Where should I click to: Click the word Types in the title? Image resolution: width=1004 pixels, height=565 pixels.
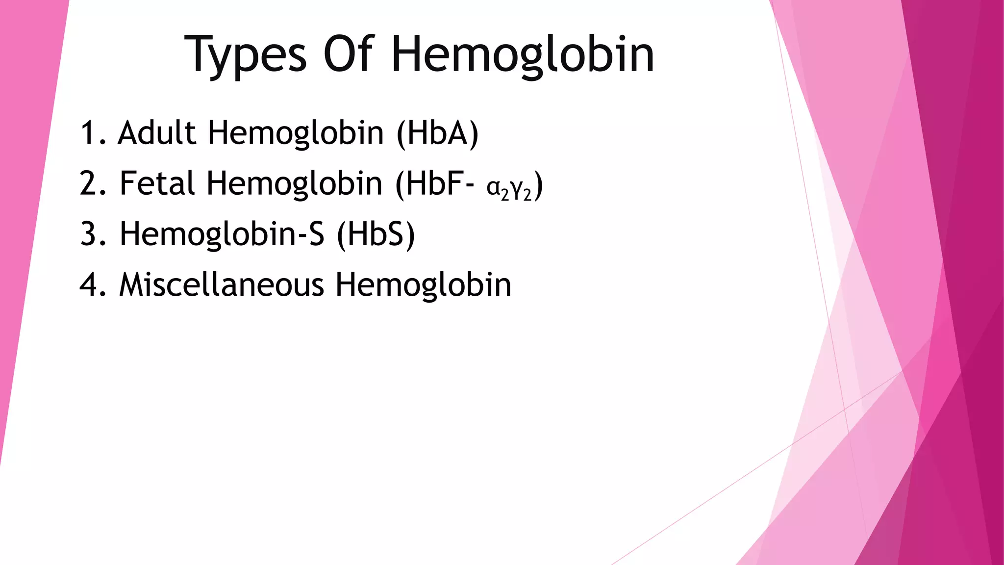(x=246, y=55)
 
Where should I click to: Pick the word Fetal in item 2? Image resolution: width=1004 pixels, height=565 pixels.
(x=157, y=183)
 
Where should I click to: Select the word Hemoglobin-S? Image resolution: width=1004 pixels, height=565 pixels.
(x=222, y=234)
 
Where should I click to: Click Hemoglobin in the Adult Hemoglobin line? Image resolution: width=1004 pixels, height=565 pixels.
(x=296, y=133)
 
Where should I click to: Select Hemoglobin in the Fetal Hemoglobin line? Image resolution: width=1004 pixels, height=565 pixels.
(x=294, y=183)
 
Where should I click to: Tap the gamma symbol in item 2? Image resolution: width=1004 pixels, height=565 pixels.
(x=517, y=188)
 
